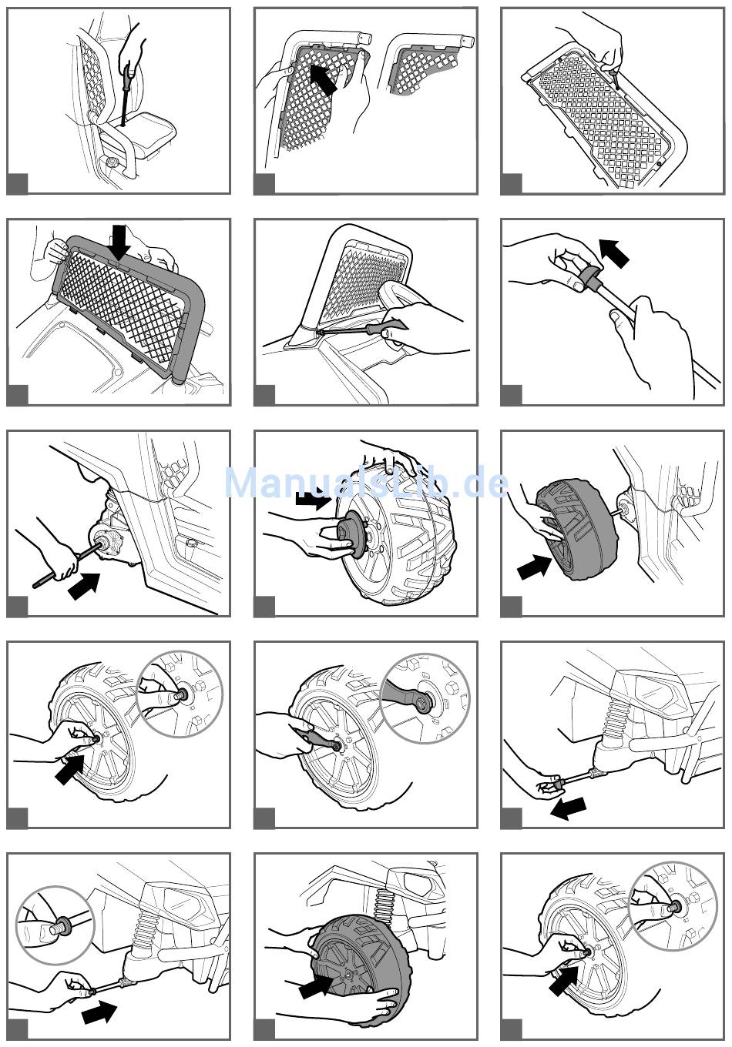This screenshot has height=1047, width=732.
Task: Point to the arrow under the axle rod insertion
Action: (x=85, y=586)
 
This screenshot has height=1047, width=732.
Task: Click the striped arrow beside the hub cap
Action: (x=313, y=500)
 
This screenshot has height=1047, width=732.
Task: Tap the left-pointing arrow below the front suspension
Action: (x=569, y=808)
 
